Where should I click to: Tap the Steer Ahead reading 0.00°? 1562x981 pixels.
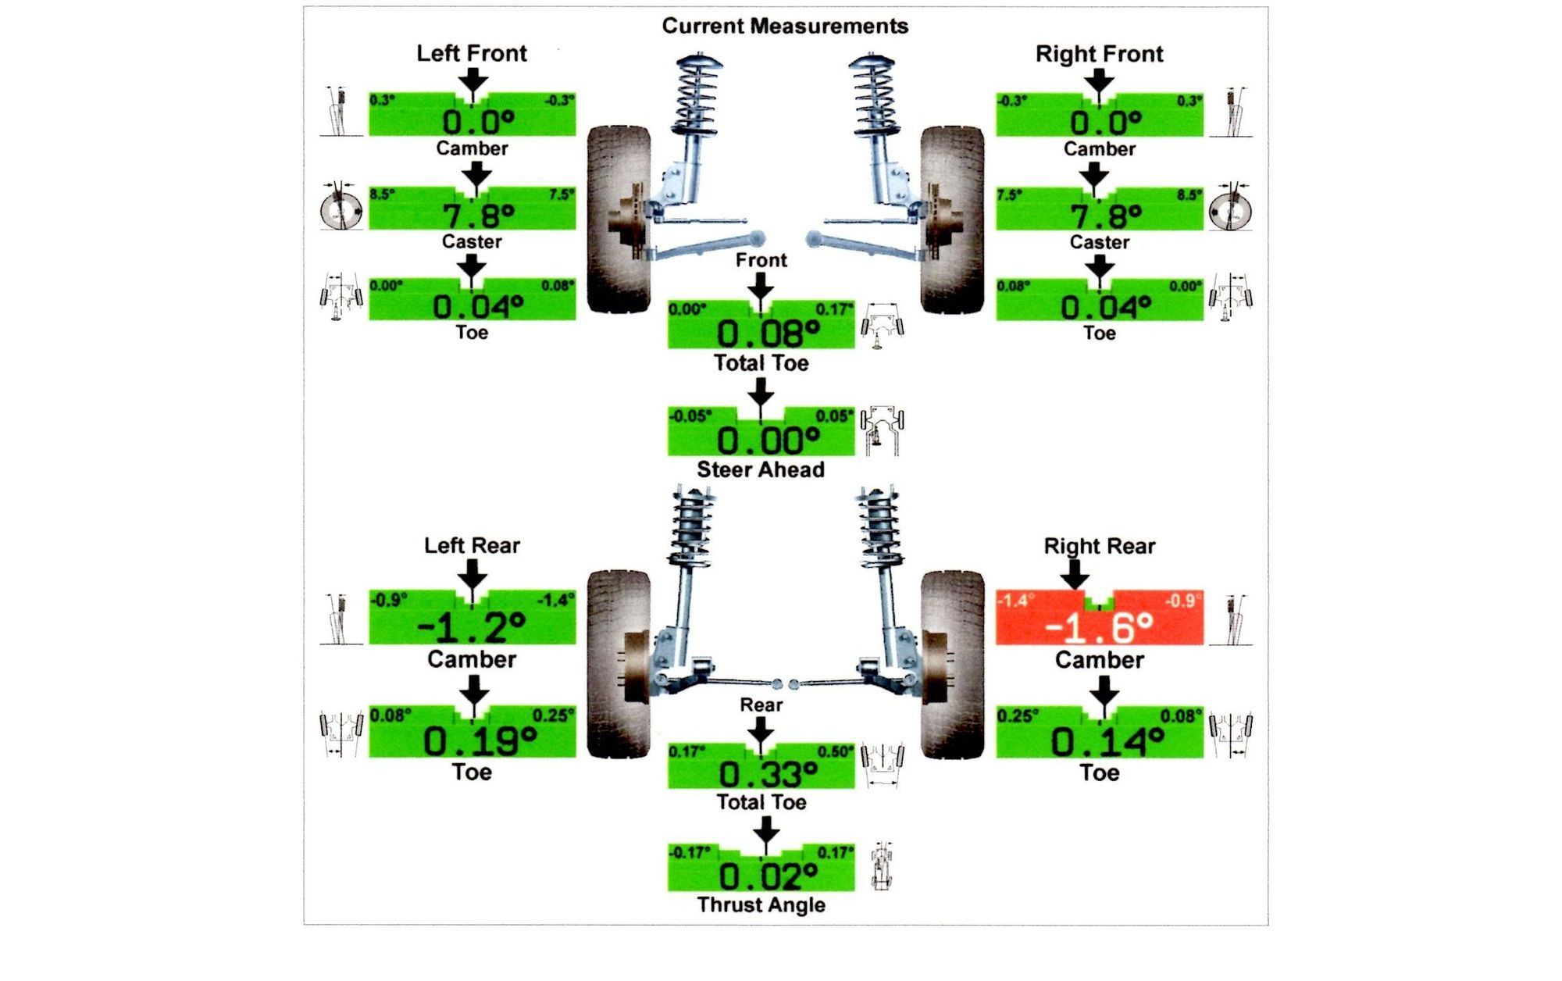768,441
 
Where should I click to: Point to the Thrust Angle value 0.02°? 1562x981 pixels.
768,877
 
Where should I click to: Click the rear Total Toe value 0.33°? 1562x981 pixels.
768,775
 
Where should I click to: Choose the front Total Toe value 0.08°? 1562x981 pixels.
768,334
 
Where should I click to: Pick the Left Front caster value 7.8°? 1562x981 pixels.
478,215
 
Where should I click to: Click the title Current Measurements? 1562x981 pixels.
785,26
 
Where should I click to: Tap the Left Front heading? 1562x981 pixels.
472,53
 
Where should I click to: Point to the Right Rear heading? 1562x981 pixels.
1099,546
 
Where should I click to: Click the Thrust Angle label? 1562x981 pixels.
761,904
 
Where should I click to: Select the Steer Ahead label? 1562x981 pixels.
761,469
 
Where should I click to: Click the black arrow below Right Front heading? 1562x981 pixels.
1099,80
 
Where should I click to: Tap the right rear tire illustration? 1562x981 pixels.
952,664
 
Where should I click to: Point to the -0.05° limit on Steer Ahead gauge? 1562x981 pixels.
690,416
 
